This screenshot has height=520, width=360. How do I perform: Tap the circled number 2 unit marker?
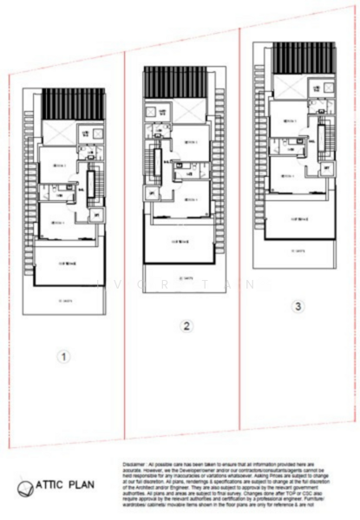pos(185,326)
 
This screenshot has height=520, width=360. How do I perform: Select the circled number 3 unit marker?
pos(298,306)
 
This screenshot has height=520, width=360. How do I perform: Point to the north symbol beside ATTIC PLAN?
pos(23,490)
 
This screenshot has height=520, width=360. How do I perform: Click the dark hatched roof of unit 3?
pos(303,58)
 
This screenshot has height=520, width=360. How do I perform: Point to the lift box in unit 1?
pos(96,214)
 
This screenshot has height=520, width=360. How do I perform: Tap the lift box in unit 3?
pos(326,168)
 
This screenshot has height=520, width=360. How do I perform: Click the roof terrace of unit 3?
pos(300,218)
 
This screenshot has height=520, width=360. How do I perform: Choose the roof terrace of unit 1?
pos(69,263)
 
